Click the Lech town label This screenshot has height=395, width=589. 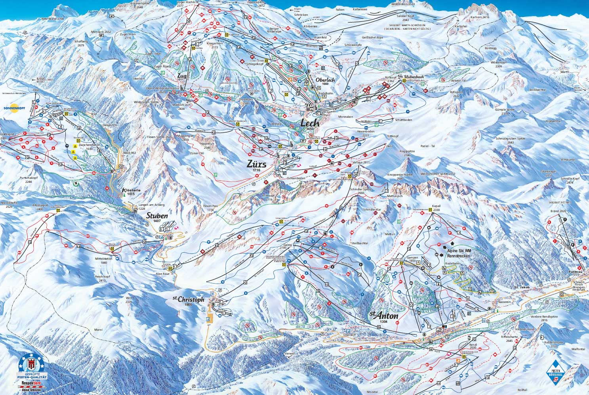(310, 123)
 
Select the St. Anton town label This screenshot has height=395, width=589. (384, 316)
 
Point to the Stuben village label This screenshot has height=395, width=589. (157, 216)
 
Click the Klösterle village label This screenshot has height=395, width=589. (132, 190)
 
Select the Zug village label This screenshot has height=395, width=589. (182, 75)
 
